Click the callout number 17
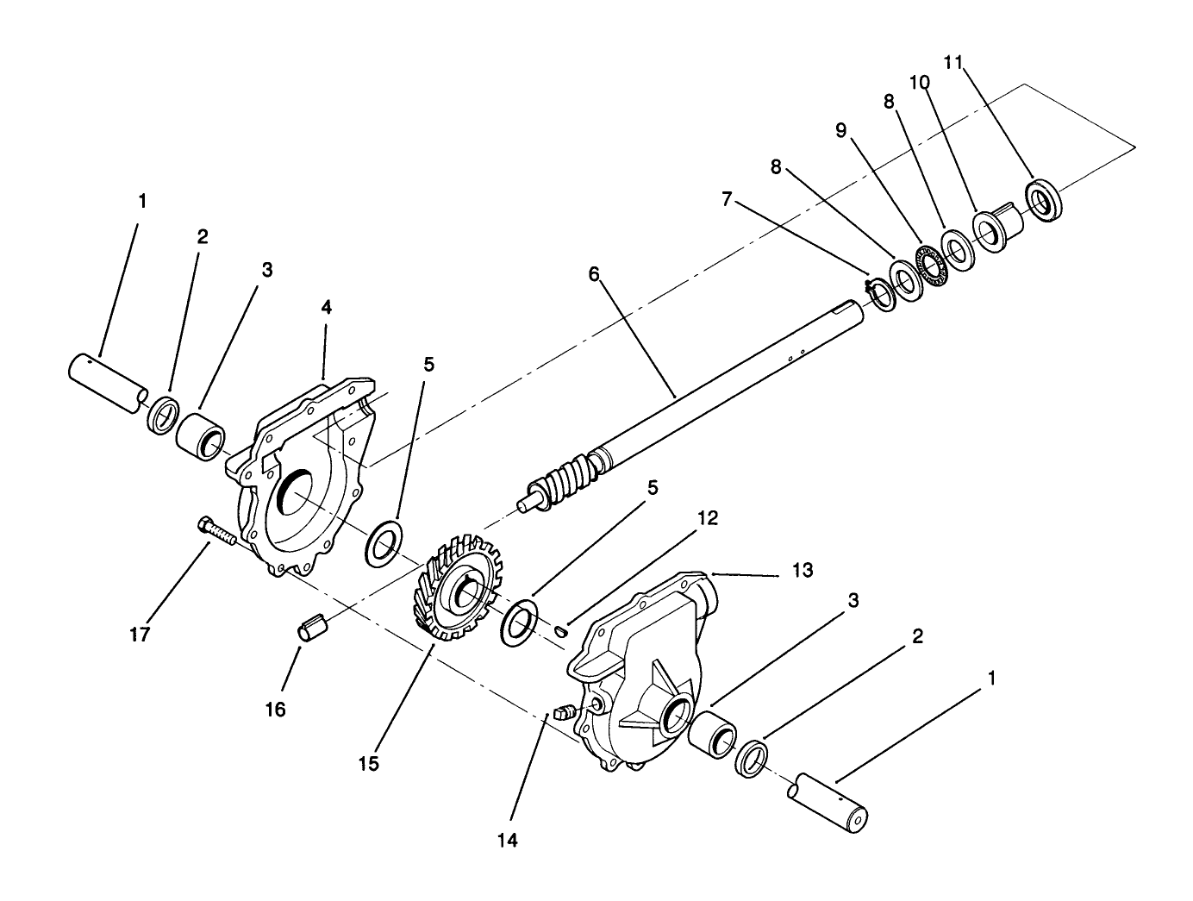(140, 635)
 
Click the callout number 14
(508, 840)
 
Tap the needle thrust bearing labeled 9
(931, 264)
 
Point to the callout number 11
(953, 63)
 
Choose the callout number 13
(803, 570)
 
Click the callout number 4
(327, 307)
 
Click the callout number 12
(708, 518)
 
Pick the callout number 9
(840, 130)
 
